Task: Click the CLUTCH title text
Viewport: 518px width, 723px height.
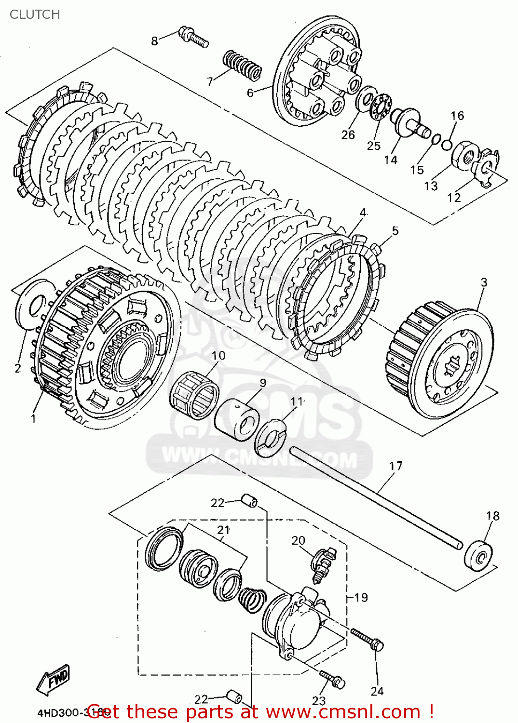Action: click(x=35, y=14)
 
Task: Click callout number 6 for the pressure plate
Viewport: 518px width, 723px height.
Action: click(x=250, y=93)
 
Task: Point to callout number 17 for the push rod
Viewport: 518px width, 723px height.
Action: click(x=395, y=466)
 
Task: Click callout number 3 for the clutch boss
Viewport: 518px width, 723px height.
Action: click(x=484, y=282)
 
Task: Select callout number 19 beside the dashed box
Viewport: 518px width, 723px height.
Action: click(x=361, y=598)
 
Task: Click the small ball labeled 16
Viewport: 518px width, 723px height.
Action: click(x=447, y=145)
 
